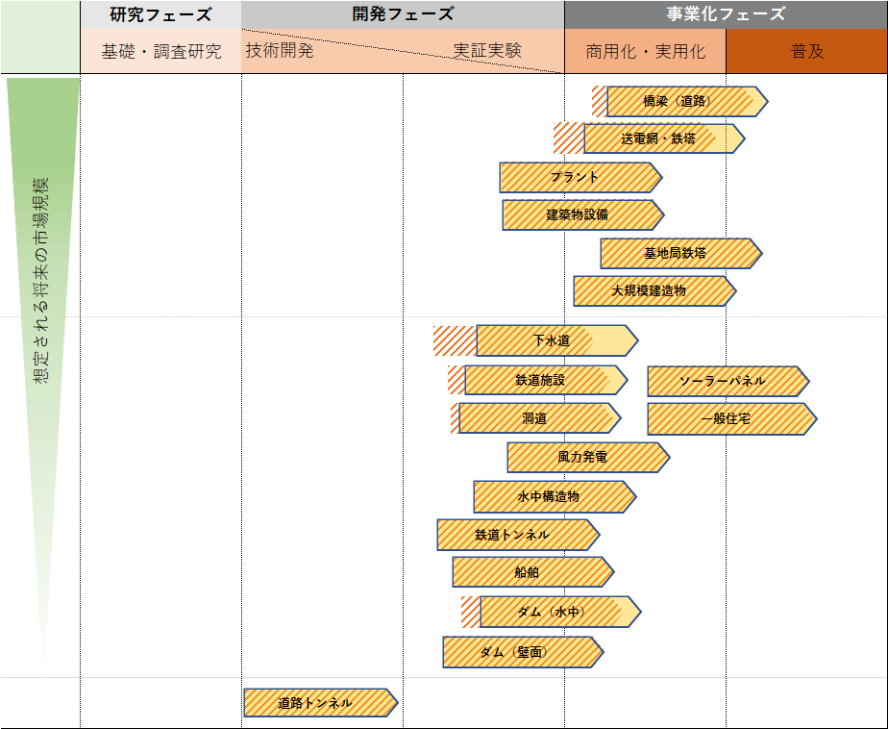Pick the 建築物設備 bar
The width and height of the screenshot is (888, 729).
click(580, 214)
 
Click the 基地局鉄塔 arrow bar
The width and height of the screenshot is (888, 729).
click(678, 253)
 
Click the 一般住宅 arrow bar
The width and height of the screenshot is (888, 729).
click(728, 419)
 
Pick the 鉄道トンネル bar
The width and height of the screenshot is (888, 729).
click(515, 535)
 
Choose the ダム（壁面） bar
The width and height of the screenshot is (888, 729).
click(520, 652)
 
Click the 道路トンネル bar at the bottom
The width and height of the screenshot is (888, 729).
click(318, 703)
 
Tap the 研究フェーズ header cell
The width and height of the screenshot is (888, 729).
click(160, 14)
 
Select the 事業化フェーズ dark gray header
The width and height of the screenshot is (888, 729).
click(726, 14)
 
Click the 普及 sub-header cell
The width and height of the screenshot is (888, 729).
click(806, 52)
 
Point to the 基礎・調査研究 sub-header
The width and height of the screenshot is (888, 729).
click(160, 52)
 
